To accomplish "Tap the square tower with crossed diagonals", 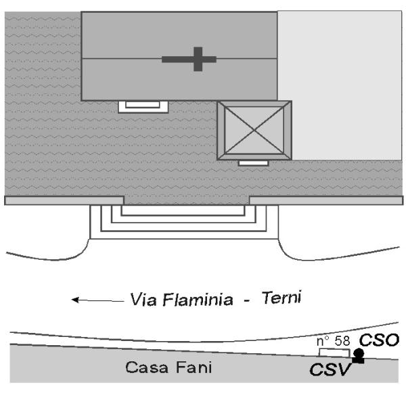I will [x=254, y=131].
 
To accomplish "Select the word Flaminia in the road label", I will [x=194, y=298].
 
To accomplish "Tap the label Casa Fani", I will [x=168, y=369].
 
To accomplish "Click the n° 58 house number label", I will [x=334, y=342].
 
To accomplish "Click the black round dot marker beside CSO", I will [x=359, y=353].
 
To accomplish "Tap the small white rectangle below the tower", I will [x=254, y=163].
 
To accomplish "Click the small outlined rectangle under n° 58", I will [x=334, y=353].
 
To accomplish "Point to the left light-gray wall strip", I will [x=64, y=200].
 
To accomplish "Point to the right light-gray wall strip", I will [x=325, y=200].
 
